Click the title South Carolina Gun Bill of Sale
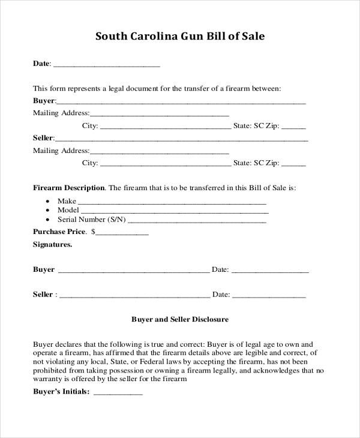click(180, 37)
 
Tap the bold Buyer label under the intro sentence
click(44, 101)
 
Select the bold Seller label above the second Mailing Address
click(44, 138)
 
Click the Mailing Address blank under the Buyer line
click(159, 114)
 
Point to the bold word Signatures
click(53, 245)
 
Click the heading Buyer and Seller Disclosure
click(180, 320)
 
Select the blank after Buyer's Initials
click(118, 394)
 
